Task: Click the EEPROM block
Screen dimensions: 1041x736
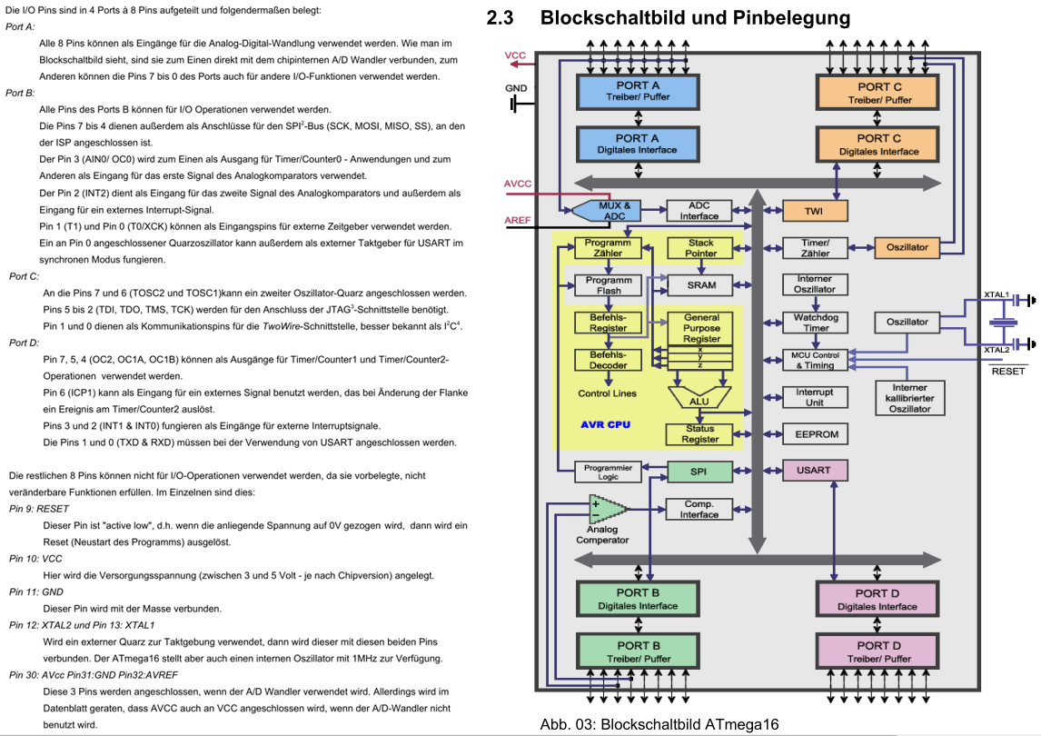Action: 816,434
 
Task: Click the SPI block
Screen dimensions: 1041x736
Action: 699,472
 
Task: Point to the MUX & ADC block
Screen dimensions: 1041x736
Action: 606,211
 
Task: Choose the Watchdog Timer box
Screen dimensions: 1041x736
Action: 816,323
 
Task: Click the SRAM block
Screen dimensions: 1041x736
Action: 700,285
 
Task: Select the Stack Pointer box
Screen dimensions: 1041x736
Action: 700,248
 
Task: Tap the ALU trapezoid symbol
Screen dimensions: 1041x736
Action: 699,397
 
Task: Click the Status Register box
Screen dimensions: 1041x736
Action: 699,434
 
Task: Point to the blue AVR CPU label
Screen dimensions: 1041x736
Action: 606,424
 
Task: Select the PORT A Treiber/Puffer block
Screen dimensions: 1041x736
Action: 638,92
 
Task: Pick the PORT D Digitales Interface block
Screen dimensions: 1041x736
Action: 877,599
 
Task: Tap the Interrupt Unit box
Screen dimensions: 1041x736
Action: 816,397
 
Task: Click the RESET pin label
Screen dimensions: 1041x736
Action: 1007,371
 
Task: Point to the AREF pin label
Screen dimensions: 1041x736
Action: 518,220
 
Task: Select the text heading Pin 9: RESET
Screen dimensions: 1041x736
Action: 39,509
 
